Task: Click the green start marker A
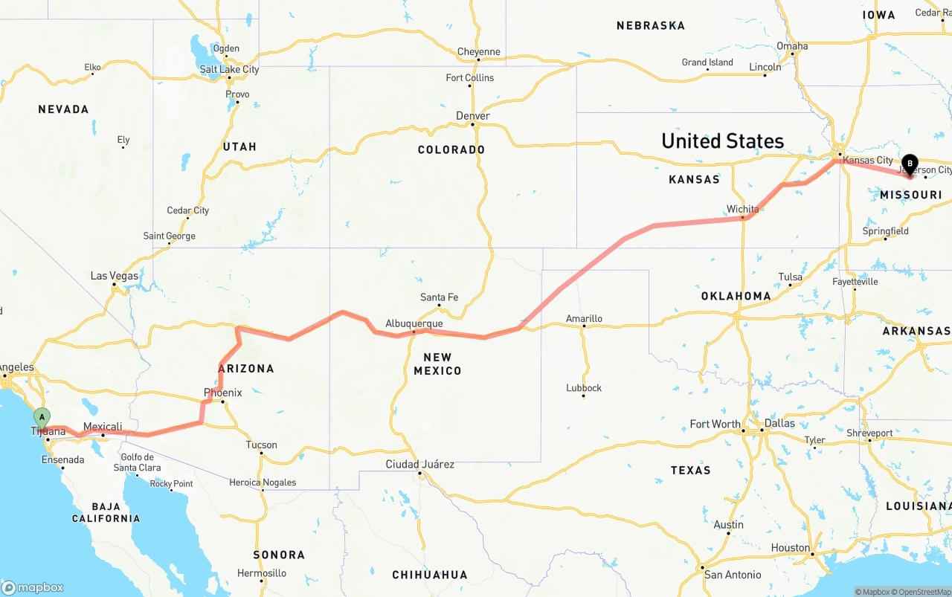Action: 42,417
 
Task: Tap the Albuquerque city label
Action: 414,323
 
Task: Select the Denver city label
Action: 473,116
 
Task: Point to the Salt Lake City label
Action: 229,69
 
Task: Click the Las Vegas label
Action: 115,276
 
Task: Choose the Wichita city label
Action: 742,209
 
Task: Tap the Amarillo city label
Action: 584,319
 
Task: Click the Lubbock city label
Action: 584,388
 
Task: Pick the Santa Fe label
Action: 439,297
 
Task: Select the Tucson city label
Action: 261,445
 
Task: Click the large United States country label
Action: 722,141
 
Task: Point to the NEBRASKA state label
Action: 650,26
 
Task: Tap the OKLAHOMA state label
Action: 736,296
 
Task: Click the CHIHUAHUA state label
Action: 430,575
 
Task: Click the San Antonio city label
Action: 733,575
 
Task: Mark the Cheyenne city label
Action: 479,52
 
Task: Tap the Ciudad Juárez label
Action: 419,465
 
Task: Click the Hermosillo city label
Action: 261,573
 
